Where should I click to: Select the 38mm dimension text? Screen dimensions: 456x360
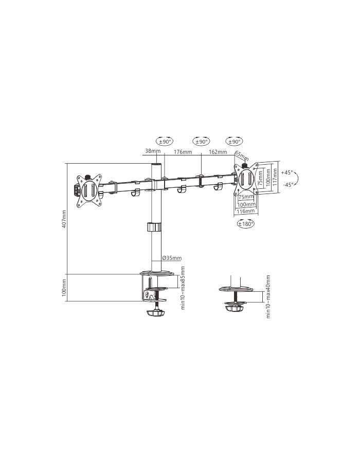153,152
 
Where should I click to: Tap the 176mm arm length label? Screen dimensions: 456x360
183,152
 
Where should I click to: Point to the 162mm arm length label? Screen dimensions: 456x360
218,152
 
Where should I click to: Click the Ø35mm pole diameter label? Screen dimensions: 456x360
171,258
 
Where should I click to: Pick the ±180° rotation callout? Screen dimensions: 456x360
246,224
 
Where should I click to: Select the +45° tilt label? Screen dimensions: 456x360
287,172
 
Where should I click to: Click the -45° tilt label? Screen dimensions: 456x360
287,185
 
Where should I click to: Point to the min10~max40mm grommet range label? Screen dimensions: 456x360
268,296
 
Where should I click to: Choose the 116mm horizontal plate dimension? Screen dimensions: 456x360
246,211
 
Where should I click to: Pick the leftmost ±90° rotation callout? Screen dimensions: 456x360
165,141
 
